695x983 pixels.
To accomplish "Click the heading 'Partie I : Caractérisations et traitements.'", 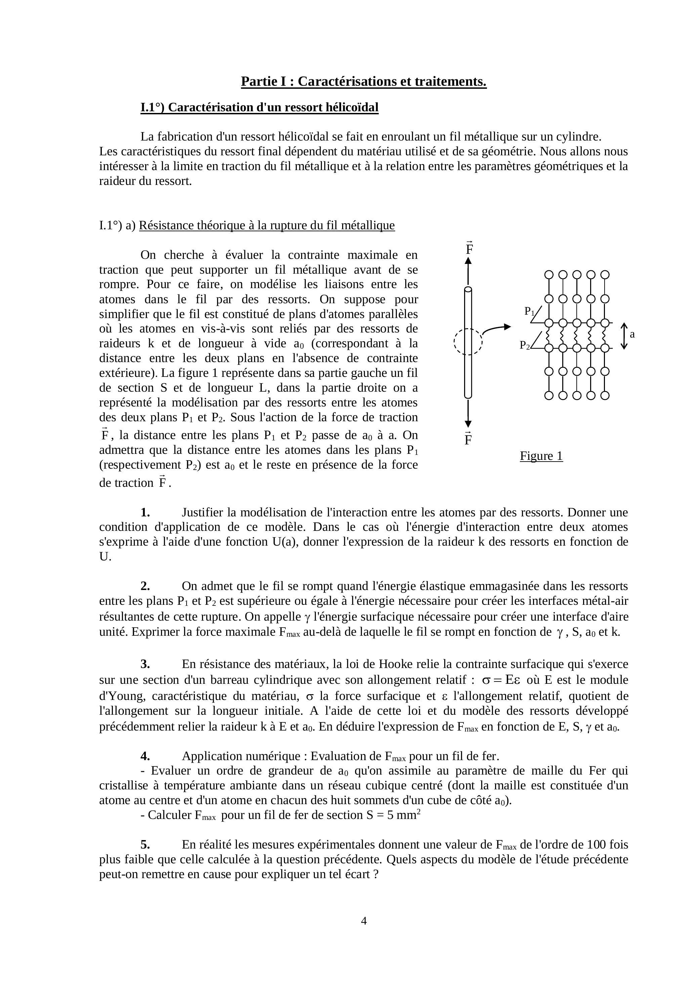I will (363, 81).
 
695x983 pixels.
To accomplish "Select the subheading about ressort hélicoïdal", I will (259, 108).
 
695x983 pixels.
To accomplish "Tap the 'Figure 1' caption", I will (541, 456).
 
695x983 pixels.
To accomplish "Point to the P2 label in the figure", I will (525, 345).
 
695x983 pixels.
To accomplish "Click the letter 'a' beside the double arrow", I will (632, 335).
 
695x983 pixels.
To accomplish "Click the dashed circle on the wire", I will (468, 341).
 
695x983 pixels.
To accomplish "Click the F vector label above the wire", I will (469, 248).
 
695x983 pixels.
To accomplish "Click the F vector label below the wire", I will (468, 439).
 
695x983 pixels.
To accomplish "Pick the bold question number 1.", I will (145, 512).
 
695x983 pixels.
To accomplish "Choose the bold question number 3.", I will (145, 664).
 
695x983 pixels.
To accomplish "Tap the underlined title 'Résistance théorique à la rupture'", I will (267, 226).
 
